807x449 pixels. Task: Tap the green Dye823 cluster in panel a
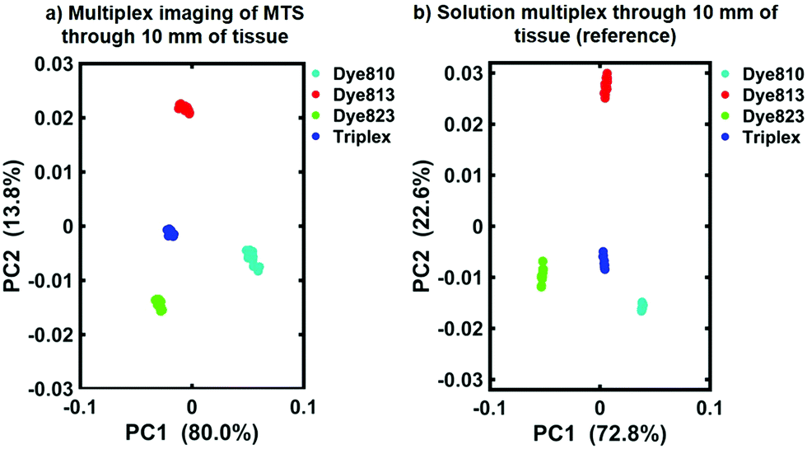(x=159, y=304)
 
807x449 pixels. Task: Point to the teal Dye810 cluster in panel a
(x=253, y=258)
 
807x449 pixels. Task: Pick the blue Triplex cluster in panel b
(x=604, y=260)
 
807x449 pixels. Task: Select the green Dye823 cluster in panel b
(x=542, y=274)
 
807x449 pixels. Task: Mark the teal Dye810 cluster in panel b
(x=641, y=306)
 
